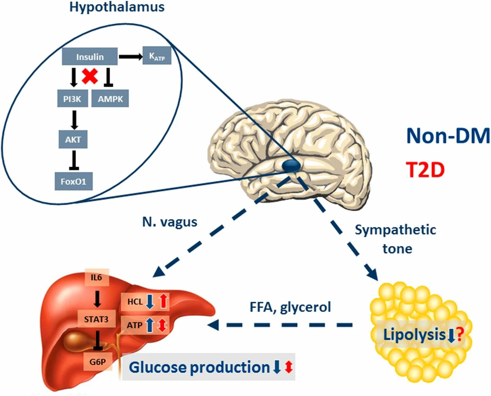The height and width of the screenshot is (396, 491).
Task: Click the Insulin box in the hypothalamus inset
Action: tap(90, 57)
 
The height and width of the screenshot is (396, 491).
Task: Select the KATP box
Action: tap(157, 56)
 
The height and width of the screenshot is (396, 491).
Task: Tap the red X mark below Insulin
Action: tap(90, 76)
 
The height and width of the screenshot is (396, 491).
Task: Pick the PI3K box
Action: tap(72, 99)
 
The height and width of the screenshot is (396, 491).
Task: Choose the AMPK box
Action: tap(110, 99)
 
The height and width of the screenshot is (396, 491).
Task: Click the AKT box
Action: tap(73, 139)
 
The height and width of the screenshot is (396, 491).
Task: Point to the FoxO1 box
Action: tap(73, 181)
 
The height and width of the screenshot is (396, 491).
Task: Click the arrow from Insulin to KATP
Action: tap(130, 57)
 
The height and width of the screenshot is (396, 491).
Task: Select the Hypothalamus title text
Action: tap(117, 7)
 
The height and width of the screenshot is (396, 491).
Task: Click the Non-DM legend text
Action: tap(448, 135)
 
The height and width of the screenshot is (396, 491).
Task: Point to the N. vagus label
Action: tap(170, 222)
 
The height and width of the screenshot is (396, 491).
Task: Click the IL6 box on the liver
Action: tap(97, 277)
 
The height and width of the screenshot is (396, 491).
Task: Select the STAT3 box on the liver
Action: tap(96, 319)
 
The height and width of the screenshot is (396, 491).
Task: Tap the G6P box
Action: tap(98, 361)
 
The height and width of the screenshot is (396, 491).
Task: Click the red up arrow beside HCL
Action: tap(163, 301)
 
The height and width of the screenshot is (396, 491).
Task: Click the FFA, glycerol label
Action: tap(290, 307)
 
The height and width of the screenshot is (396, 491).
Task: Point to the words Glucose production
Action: tap(199, 367)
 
